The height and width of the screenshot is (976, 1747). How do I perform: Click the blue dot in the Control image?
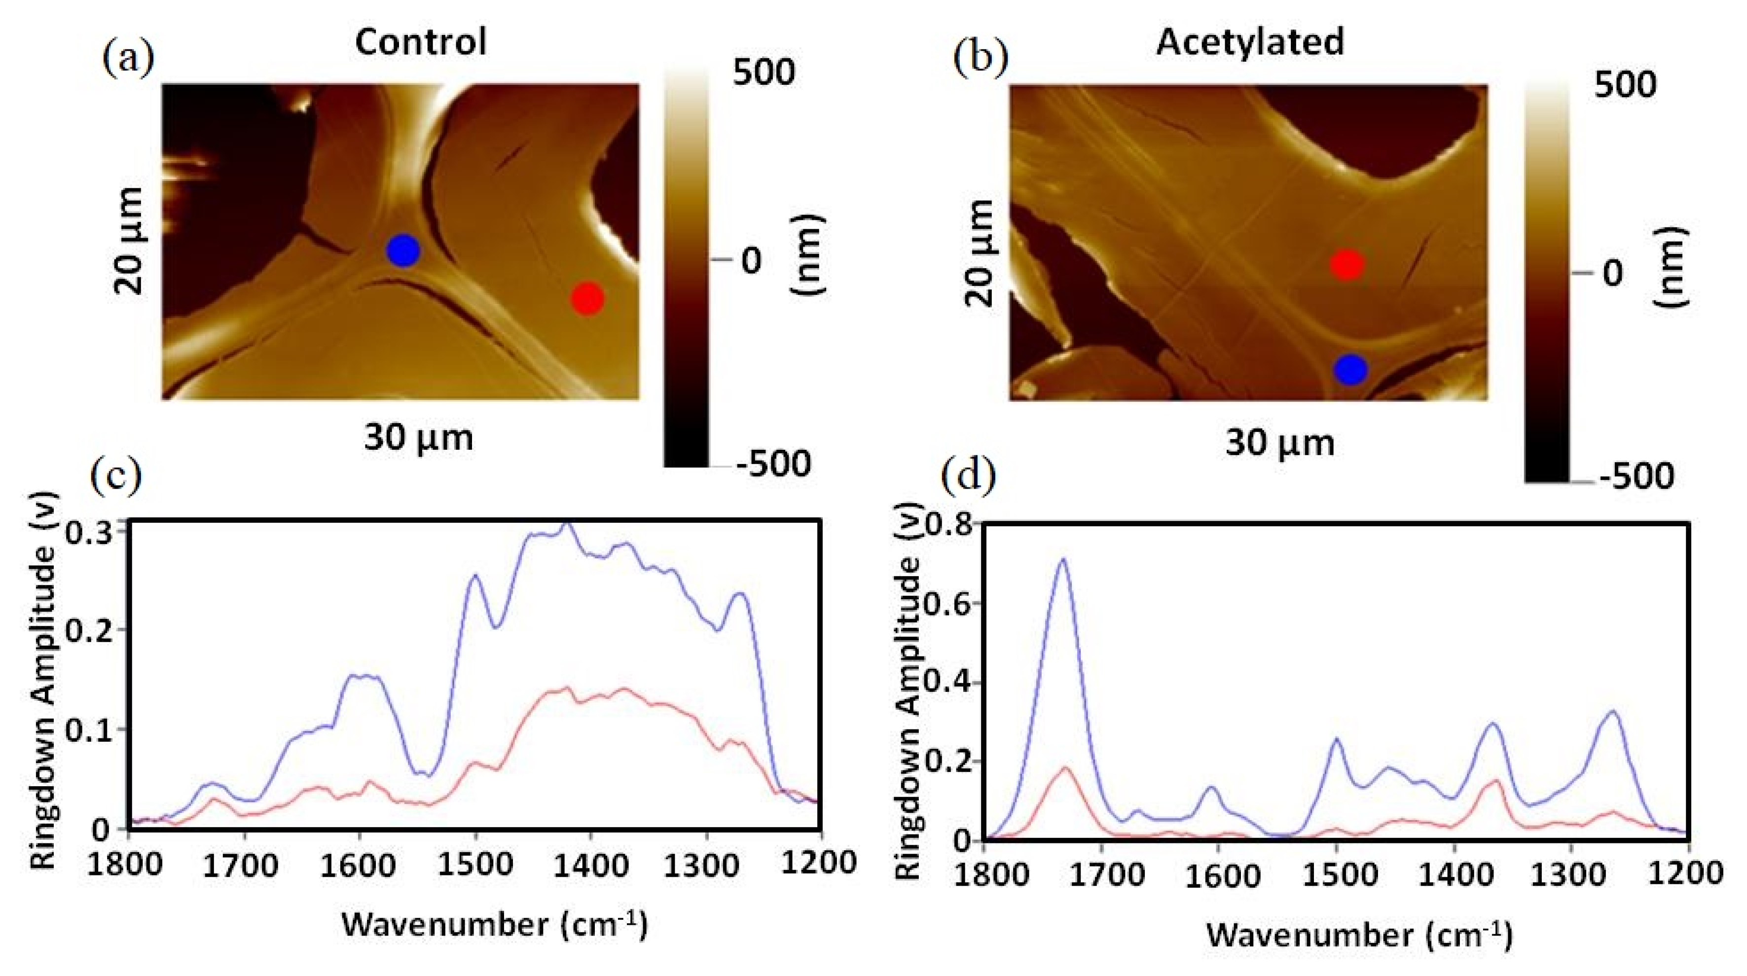point(403,250)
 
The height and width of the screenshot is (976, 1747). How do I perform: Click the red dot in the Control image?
point(587,298)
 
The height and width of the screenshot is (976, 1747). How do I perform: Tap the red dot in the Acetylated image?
point(1347,265)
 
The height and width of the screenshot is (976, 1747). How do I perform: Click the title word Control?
point(420,42)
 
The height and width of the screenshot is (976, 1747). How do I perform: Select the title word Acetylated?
point(1249,42)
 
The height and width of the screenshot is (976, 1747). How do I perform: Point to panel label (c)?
point(116,475)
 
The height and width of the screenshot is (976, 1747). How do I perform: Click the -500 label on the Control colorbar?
point(773,465)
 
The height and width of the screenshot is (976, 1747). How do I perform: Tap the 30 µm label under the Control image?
point(418,438)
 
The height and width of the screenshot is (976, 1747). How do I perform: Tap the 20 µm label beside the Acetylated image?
point(979,253)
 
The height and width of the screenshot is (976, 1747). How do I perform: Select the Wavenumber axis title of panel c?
point(494,924)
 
